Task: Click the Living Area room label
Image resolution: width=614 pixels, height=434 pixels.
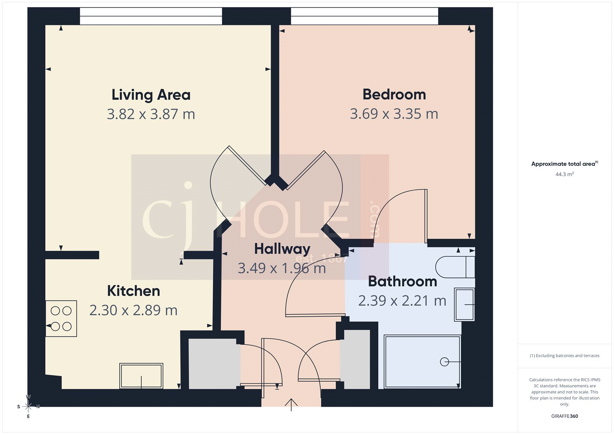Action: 151,95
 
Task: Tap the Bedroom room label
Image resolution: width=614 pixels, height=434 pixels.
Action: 394,94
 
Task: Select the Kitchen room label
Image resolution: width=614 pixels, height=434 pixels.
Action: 134,291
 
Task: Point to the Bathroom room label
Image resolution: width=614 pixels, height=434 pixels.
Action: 403,281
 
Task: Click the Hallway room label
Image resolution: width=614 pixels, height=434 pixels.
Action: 282,249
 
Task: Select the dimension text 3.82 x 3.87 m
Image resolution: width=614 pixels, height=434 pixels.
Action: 151,114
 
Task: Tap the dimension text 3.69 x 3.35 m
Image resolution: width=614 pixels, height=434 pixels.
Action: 394,114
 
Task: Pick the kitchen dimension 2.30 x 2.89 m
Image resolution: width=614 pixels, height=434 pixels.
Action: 134,310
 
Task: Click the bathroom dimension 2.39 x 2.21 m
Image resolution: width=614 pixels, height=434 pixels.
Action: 403,300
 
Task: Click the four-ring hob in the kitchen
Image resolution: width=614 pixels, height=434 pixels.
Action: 61,318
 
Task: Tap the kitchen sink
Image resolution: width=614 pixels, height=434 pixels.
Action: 141,376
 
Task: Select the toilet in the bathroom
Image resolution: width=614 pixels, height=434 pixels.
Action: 455,267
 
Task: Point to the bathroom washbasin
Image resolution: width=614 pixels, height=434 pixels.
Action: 464,305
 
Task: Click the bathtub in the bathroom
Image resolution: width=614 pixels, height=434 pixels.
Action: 422,362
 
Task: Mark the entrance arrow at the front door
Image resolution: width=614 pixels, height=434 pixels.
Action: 291,404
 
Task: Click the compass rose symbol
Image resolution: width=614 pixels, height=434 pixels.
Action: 28,406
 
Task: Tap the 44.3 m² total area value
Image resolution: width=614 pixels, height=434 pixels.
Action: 564,174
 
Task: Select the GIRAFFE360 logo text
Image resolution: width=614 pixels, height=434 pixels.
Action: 564,416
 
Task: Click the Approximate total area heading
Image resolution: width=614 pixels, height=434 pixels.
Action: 564,164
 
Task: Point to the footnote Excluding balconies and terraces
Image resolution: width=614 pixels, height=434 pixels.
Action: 564,356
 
